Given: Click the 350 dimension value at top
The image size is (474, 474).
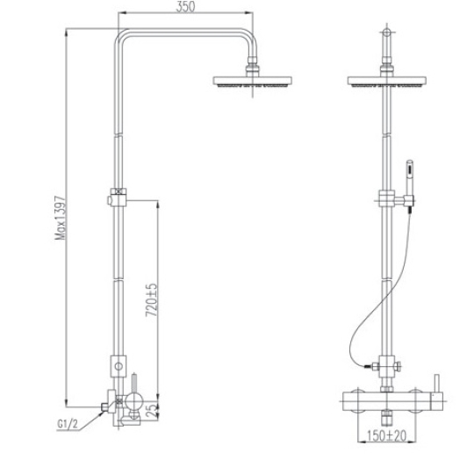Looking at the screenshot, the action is point(185,7).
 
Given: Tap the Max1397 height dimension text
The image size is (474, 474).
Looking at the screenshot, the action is point(60,218).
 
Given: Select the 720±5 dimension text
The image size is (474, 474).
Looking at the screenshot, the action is point(152,300).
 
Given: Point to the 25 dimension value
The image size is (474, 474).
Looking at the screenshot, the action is point(153,411).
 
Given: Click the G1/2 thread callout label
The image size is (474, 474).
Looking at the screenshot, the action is point(68,424).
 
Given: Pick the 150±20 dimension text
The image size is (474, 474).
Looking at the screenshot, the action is point(386,435).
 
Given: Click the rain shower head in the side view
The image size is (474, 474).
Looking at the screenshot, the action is point(253,82).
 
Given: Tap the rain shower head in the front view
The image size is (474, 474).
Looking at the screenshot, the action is point(386,82).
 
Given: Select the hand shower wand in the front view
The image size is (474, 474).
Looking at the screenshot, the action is point(409,177).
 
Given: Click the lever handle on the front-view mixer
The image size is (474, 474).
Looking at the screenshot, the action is point(436,384).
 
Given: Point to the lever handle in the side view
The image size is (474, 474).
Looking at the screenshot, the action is point(134,384).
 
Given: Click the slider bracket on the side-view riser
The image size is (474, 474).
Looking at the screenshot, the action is point(118,197).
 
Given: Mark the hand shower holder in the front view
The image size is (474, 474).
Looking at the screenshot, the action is point(409,200).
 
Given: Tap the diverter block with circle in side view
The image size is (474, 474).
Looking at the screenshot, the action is point(118,366).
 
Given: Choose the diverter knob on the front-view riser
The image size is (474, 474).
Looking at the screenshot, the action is point(398,366).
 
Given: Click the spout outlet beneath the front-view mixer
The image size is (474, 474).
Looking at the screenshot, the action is point(386,417).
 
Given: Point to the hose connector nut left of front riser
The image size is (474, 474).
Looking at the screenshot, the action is point(375,366).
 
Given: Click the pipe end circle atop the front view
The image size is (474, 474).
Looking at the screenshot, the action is point(386,32).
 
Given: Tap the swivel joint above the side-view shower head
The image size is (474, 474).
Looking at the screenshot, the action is point(253,65).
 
